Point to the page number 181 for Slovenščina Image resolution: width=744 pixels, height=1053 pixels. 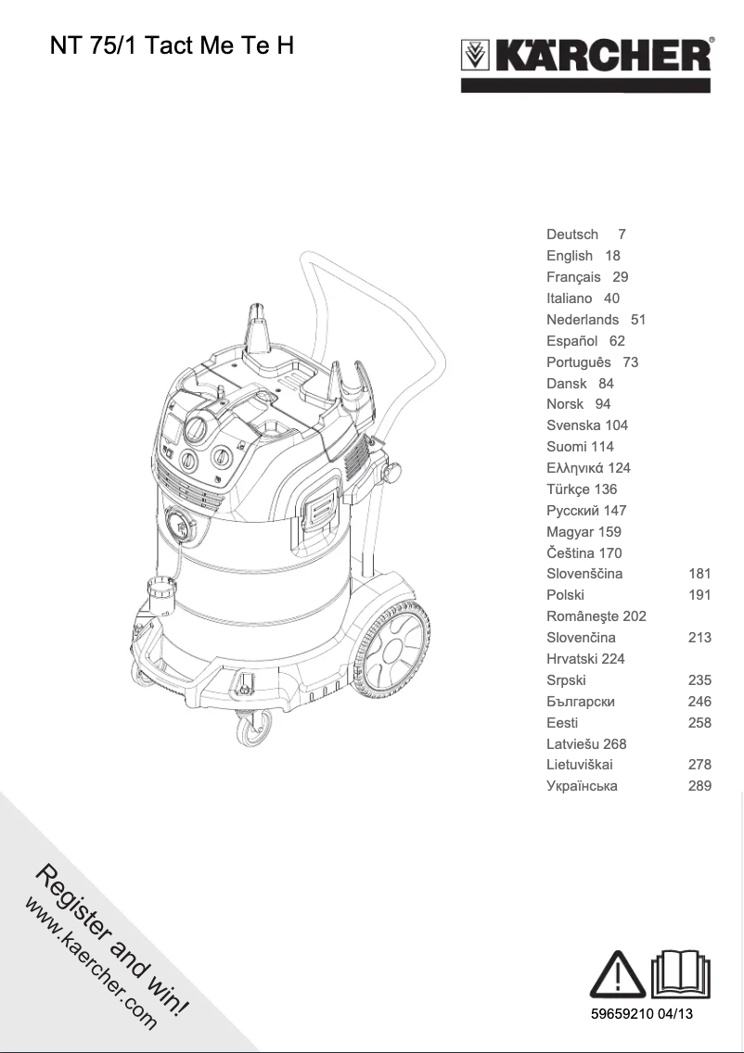(699, 574)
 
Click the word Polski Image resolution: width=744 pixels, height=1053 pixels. (565, 595)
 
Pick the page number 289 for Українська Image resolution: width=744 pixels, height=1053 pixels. (699, 786)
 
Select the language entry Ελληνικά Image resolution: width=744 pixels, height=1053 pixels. (587, 468)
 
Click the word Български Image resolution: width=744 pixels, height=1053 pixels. (581, 702)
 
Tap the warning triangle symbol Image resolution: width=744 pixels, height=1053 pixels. (617, 976)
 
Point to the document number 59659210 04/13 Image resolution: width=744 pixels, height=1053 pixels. (642, 1014)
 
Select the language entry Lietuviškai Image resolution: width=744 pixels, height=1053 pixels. (580, 765)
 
